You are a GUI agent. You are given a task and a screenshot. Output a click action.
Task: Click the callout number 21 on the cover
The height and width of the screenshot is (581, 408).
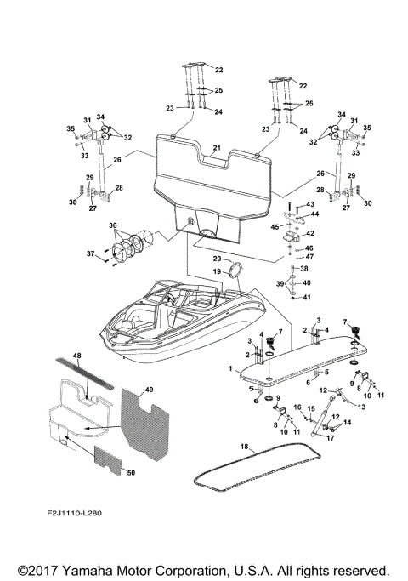coord(217,148)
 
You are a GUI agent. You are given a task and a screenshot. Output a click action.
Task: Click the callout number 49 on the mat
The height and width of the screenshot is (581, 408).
coord(150,389)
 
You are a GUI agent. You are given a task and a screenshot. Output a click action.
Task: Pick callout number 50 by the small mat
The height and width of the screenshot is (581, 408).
coord(128,470)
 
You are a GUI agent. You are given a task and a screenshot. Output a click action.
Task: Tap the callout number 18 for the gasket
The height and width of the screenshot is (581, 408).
coord(244,446)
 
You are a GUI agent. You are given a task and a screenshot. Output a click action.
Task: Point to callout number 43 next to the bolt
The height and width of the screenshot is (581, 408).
coord(310,204)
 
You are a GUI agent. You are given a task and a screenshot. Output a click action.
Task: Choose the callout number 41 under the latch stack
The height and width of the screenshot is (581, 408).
coord(309,297)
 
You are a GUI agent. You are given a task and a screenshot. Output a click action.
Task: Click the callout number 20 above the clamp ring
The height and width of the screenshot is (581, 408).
coord(217,259)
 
